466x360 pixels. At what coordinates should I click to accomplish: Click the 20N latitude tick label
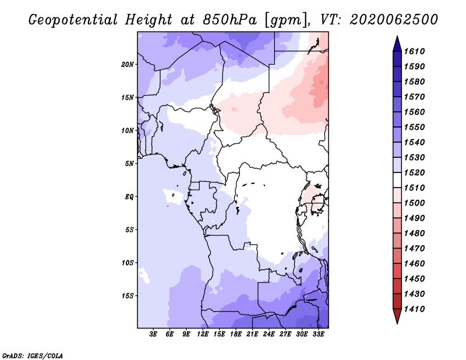click(x=128, y=65)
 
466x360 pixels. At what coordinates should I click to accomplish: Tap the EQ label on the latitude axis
click(x=129, y=197)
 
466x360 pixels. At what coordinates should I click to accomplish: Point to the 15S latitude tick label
click(x=128, y=296)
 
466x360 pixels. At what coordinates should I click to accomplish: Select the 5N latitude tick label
click(x=129, y=164)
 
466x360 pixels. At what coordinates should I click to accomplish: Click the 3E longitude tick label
click(x=153, y=334)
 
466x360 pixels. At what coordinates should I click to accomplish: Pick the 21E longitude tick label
click(x=252, y=334)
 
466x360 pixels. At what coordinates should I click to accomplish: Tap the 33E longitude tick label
click(x=318, y=334)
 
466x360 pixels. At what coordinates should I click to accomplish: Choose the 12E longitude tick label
click(x=202, y=334)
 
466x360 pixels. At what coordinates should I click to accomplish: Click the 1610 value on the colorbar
click(x=414, y=51)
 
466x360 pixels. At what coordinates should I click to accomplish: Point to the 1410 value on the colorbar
click(x=414, y=309)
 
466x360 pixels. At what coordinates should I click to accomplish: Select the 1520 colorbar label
click(x=414, y=172)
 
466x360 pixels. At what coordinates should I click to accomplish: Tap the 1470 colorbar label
click(x=414, y=249)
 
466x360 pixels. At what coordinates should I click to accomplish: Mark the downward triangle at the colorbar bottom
click(x=397, y=315)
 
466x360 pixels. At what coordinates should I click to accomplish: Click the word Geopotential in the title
click(x=73, y=20)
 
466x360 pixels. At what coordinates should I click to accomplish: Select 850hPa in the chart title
click(x=230, y=20)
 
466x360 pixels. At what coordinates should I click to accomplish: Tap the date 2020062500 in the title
click(x=394, y=20)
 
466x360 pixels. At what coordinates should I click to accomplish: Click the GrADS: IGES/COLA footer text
click(x=33, y=355)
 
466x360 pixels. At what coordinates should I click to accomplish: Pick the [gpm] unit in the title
click(x=287, y=20)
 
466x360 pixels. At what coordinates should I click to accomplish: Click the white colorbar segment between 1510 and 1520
click(x=397, y=180)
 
